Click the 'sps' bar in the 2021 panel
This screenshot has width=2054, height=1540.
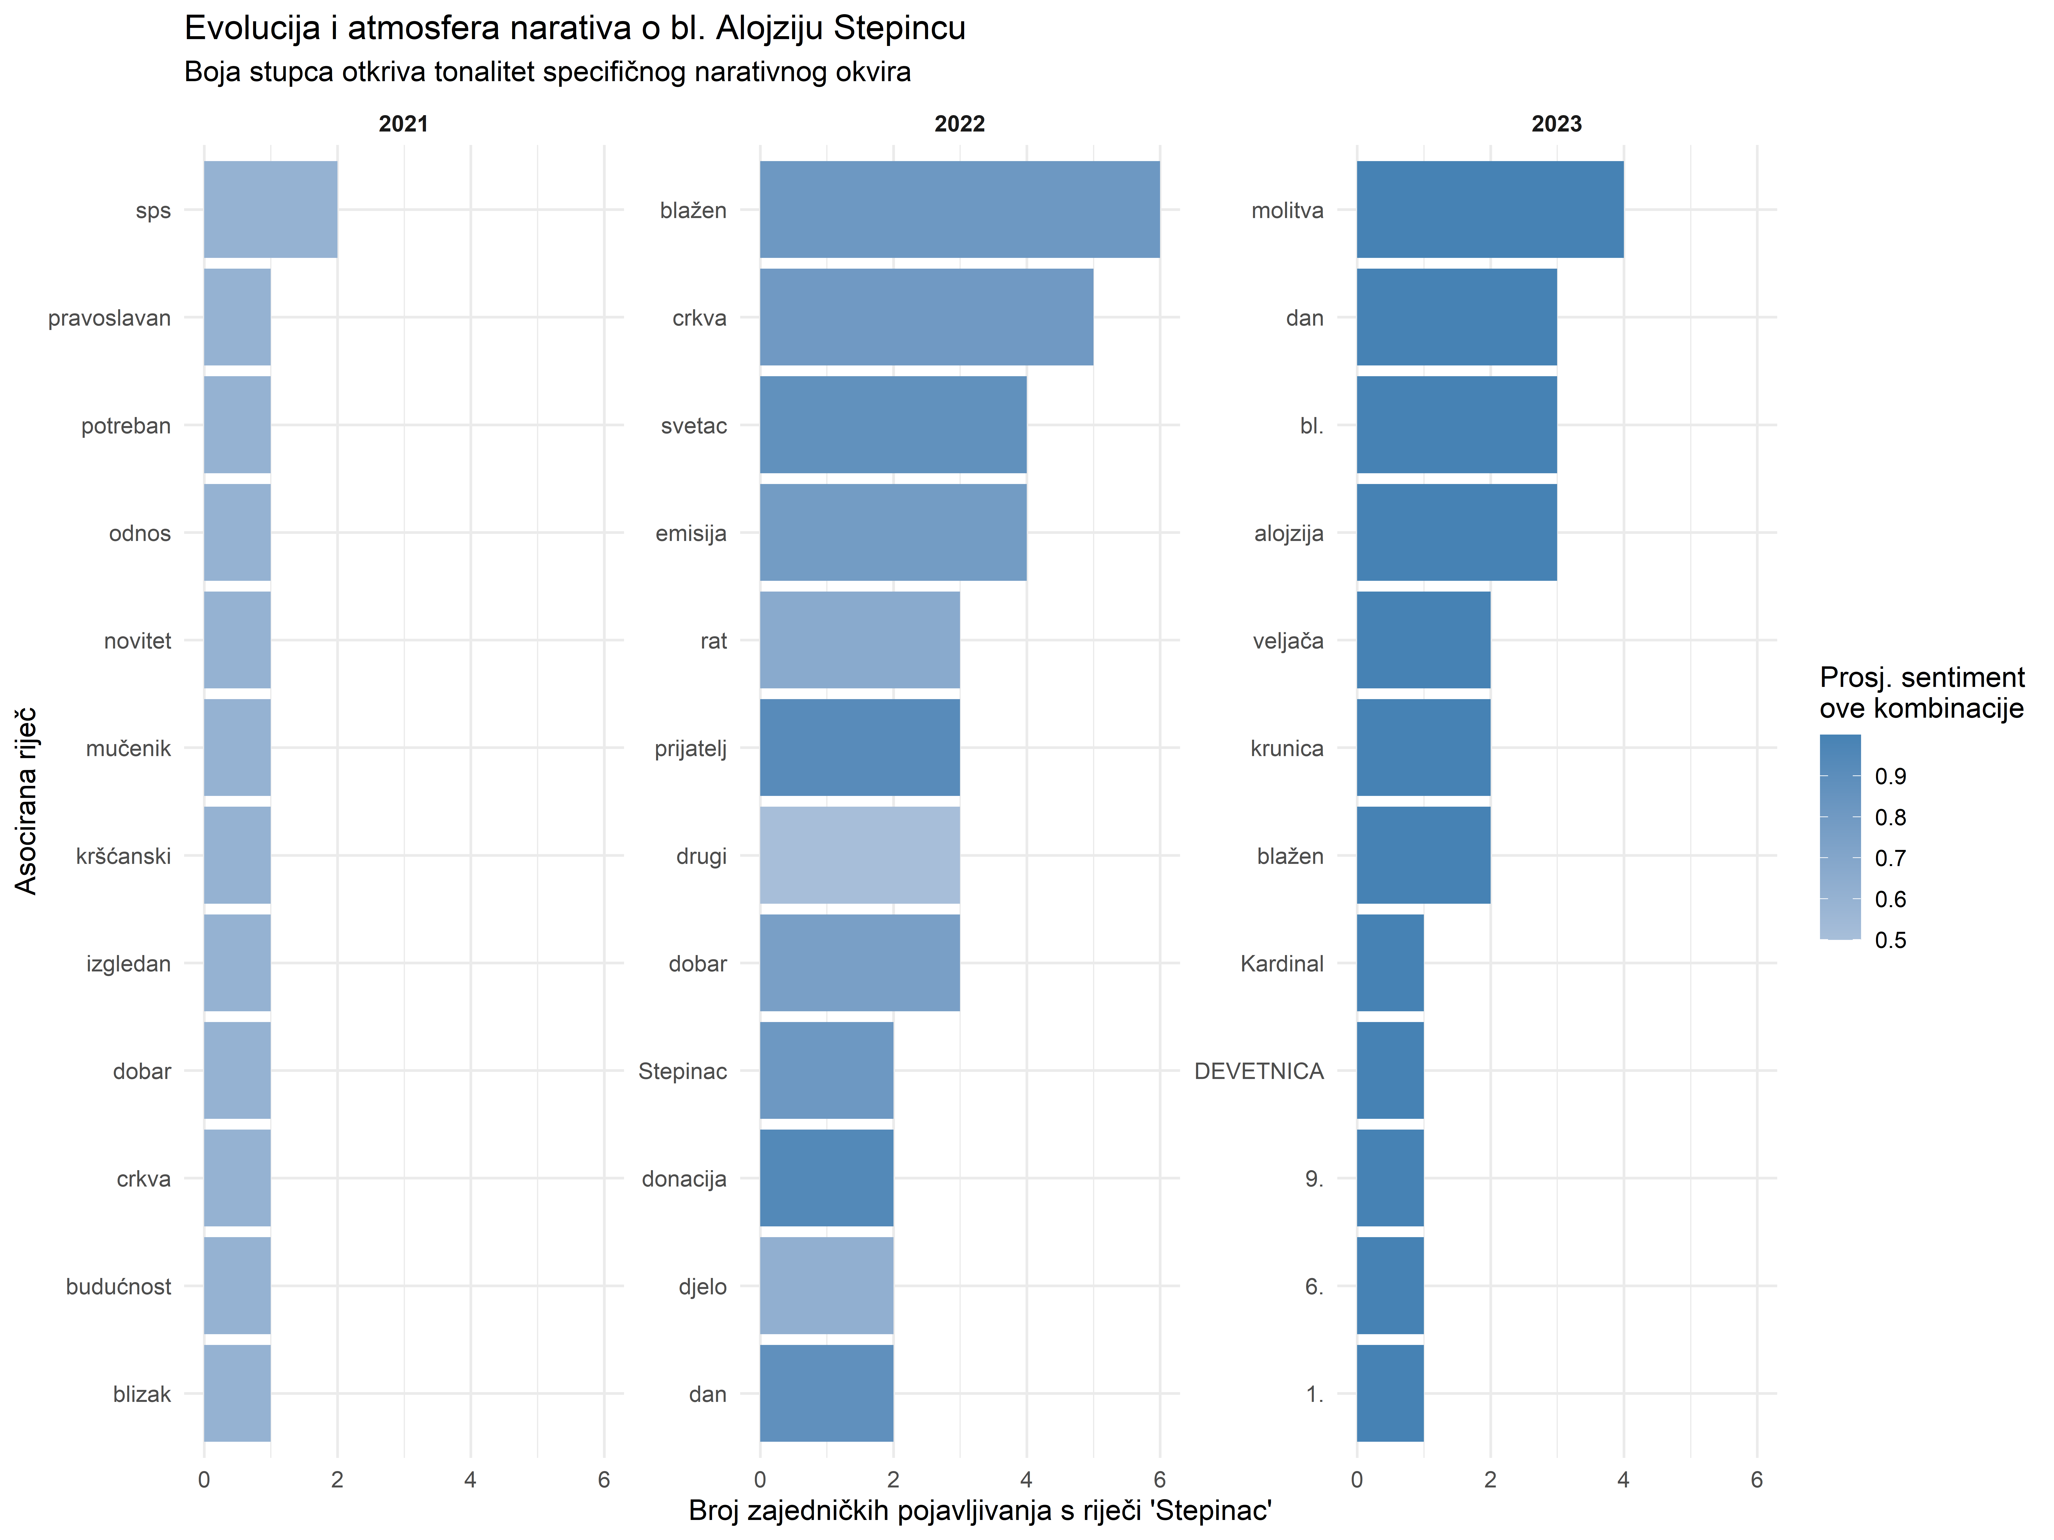pyautogui.click(x=270, y=210)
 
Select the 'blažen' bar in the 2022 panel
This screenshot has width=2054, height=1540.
pyautogui.click(x=959, y=210)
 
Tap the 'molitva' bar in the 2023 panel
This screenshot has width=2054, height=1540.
pyautogui.click(x=1489, y=210)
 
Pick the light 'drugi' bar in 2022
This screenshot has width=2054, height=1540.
pyautogui.click(x=859, y=855)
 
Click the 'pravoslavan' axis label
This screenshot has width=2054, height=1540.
pyautogui.click(x=110, y=319)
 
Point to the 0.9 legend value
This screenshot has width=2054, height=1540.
pyautogui.click(x=1891, y=776)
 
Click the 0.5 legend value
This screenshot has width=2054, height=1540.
pyautogui.click(x=1891, y=940)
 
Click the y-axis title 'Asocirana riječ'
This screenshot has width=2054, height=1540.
pyautogui.click(x=26, y=800)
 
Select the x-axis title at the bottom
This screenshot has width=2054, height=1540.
pyautogui.click(x=980, y=1510)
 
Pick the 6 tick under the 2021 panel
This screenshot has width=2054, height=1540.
pyautogui.click(x=603, y=1480)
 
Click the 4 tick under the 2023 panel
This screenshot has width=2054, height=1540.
pyautogui.click(x=1623, y=1480)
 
